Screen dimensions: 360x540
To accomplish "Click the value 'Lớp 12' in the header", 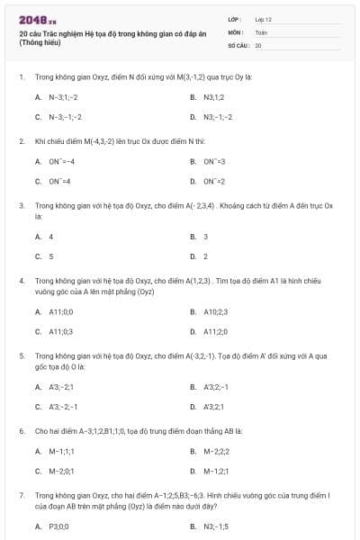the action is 263,18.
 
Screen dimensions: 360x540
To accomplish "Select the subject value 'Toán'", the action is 261,31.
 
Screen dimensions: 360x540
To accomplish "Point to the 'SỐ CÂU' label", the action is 238,44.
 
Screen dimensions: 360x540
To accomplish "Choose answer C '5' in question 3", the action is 50,256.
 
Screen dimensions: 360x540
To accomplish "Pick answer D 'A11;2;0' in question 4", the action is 217,331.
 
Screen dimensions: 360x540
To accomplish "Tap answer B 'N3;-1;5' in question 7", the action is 216,526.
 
